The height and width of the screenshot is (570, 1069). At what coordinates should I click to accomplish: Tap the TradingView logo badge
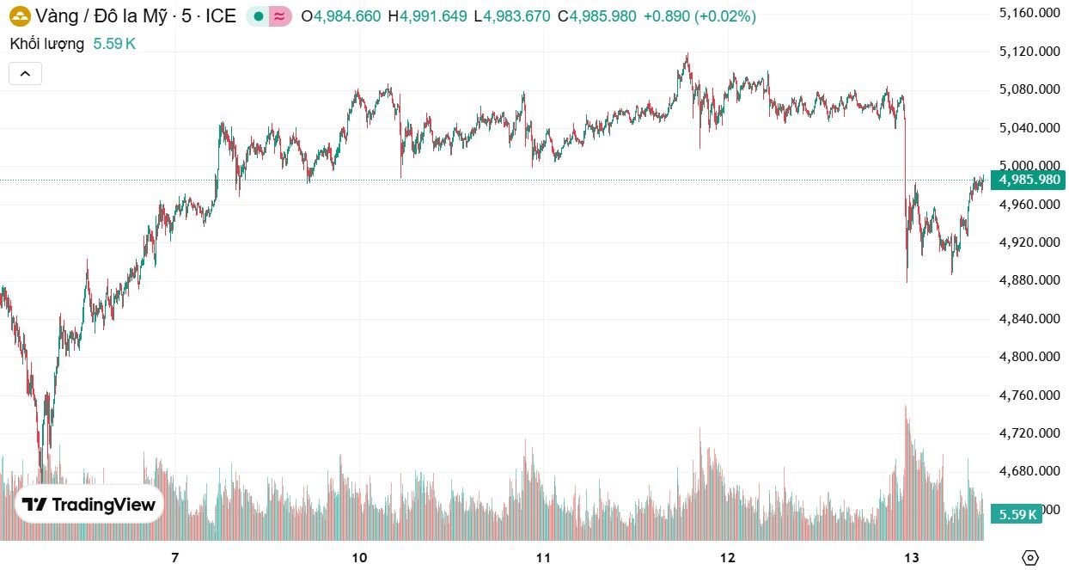click(x=89, y=505)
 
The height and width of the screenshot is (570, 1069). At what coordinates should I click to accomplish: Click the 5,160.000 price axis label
click(x=1029, y=13)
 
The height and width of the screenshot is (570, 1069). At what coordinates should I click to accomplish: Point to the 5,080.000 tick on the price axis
click(x=1029, y=89)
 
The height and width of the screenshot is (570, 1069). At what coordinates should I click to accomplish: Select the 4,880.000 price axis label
click(x=1029, y=280)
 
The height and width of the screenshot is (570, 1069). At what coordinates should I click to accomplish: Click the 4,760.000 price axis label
click(x=1029, y=395)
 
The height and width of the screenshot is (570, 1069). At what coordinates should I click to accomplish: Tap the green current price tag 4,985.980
click(x=1028, y=180)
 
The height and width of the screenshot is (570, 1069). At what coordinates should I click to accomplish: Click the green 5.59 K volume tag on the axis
click(x=1017, y=514)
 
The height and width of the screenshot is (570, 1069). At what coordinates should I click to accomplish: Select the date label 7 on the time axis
click(x=174, y=557)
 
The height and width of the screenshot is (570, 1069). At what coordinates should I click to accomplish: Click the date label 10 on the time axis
click(x=359, y=557)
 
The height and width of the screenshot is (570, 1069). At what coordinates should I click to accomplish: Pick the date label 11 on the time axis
click(x=542, y=557)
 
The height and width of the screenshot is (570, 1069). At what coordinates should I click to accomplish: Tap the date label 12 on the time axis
click(x=728, y=557)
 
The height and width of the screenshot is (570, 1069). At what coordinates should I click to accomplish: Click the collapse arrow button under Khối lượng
click(x=25, y=74)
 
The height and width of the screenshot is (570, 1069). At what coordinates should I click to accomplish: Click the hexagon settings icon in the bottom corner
click(x=1030, y=557)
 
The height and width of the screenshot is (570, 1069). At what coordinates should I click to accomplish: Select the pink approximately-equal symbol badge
click(x=279, y=16)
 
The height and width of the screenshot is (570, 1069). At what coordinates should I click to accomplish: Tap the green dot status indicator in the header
click(x=259, y=16)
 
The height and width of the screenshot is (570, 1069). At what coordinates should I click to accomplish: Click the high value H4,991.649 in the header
click(x=427, y=16)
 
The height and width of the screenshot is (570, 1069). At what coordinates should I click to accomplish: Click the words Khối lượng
click(x=47, y=44)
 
